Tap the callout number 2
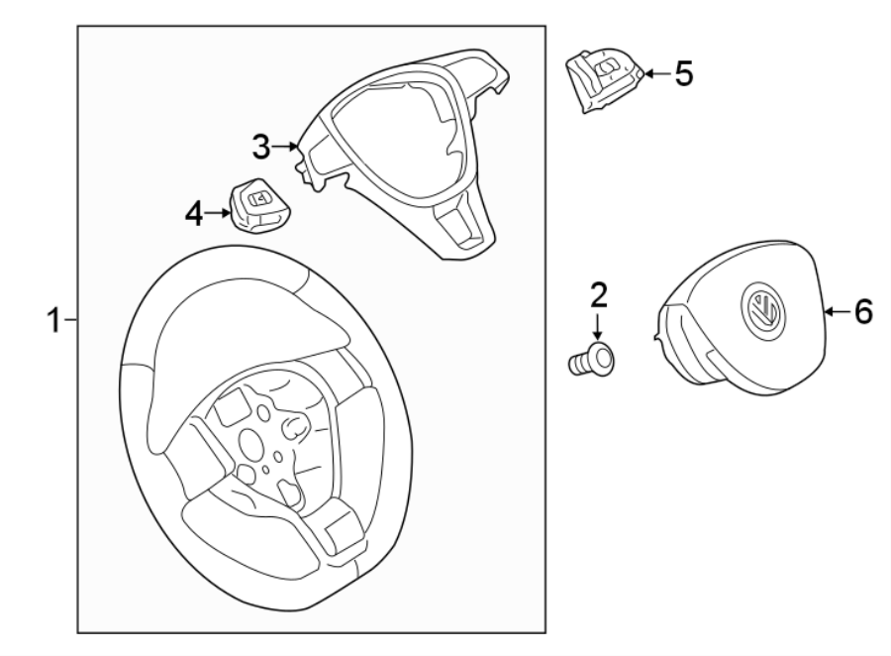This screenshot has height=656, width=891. click(x=597, y=293)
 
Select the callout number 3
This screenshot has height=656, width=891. click(x=260, y=148)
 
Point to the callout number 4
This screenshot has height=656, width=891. click(x=195, y=212)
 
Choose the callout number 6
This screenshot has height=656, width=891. click(x=862, y=312)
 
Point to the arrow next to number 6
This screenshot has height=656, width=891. click(x=837, y=312)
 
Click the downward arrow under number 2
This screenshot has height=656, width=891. click(x=597, y=325)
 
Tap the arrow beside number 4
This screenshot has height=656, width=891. click(x=219, y=212)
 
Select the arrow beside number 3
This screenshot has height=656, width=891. click(x=286, y=148)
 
